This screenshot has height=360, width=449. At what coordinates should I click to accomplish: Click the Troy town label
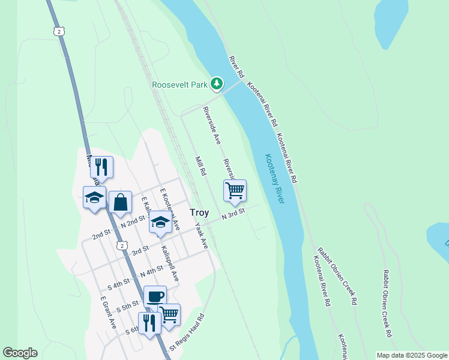[x=199, y=212]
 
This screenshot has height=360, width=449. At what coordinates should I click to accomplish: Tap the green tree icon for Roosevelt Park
[x=217, y=84]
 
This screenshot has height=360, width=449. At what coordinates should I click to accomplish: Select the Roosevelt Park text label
[x=179, y=85]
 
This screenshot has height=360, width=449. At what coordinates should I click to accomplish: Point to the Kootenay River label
[x=274, y=178]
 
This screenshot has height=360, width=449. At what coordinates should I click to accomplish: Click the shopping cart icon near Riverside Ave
[x=235, y=190]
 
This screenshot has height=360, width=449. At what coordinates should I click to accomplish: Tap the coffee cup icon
[x=155, y=295]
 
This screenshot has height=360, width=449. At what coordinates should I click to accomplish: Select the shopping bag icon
[x=120, y=202]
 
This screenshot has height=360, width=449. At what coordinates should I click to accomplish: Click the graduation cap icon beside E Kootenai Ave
[x=160, y=222]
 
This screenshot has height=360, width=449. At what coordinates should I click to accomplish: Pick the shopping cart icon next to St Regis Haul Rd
[x=169, y=314]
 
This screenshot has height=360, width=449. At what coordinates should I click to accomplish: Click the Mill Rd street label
[x=200, y=166]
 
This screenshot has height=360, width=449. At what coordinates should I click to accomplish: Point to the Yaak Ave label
[x=201, y=236]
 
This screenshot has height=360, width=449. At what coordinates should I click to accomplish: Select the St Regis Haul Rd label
[x=187, y=332]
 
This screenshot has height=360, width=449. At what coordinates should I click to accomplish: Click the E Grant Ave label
[x=108, y=313]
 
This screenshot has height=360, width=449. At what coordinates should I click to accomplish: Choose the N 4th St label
[x=151, y=271]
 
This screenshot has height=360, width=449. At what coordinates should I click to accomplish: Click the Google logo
[x=20, y=353]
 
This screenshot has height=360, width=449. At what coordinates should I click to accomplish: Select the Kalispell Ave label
[x=170, y=266]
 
